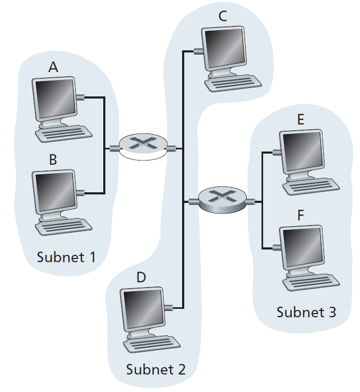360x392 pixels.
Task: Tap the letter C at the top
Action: tap(222, 16)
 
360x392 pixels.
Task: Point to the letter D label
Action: tap(141, 277)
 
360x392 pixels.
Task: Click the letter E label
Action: tap(300, 120)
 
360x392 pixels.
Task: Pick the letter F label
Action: tap(301, 215)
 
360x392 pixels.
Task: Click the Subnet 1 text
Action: tap(66, 257)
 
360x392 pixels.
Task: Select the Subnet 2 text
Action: tap(156, 369)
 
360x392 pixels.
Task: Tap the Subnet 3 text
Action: tap(306, 312)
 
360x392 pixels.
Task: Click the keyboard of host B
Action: tap(62, 226)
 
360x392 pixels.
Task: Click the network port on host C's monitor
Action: tap(198, 52)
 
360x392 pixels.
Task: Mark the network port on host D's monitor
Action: tap(168, 307)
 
